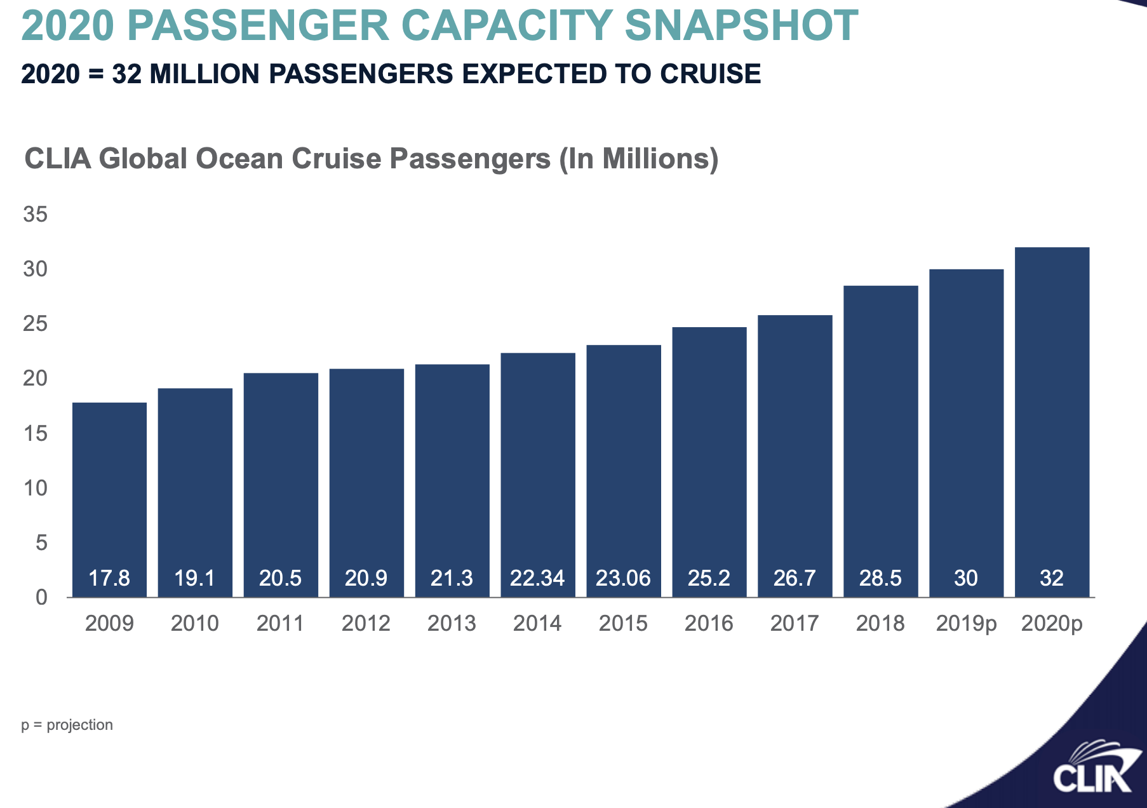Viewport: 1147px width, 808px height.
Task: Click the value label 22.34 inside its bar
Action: [x=537, y=578]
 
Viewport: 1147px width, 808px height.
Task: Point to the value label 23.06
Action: [x=623, y=578]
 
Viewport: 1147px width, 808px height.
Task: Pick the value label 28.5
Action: [x=880, y=578]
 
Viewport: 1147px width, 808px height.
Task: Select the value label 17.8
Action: [x=109, y=578]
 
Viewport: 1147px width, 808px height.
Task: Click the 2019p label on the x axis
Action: [x=966, y=624]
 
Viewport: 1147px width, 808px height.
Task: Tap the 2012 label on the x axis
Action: [x=366, y=623]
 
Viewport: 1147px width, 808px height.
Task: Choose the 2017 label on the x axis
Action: [x=795, y=623]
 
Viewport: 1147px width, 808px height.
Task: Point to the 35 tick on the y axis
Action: [x=36, y=215]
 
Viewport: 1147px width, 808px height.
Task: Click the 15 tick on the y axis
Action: [x=36, y=434]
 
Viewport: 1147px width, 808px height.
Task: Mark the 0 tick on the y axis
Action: [x=41, y=597]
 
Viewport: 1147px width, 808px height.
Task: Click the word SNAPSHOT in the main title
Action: [x=741, y=27]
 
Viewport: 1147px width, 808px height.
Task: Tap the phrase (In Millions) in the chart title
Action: [x=639, y=159]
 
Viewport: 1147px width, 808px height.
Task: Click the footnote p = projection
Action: [x=67, y=725]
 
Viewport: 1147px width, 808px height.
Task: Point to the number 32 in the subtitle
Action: [x=126, y=74]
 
